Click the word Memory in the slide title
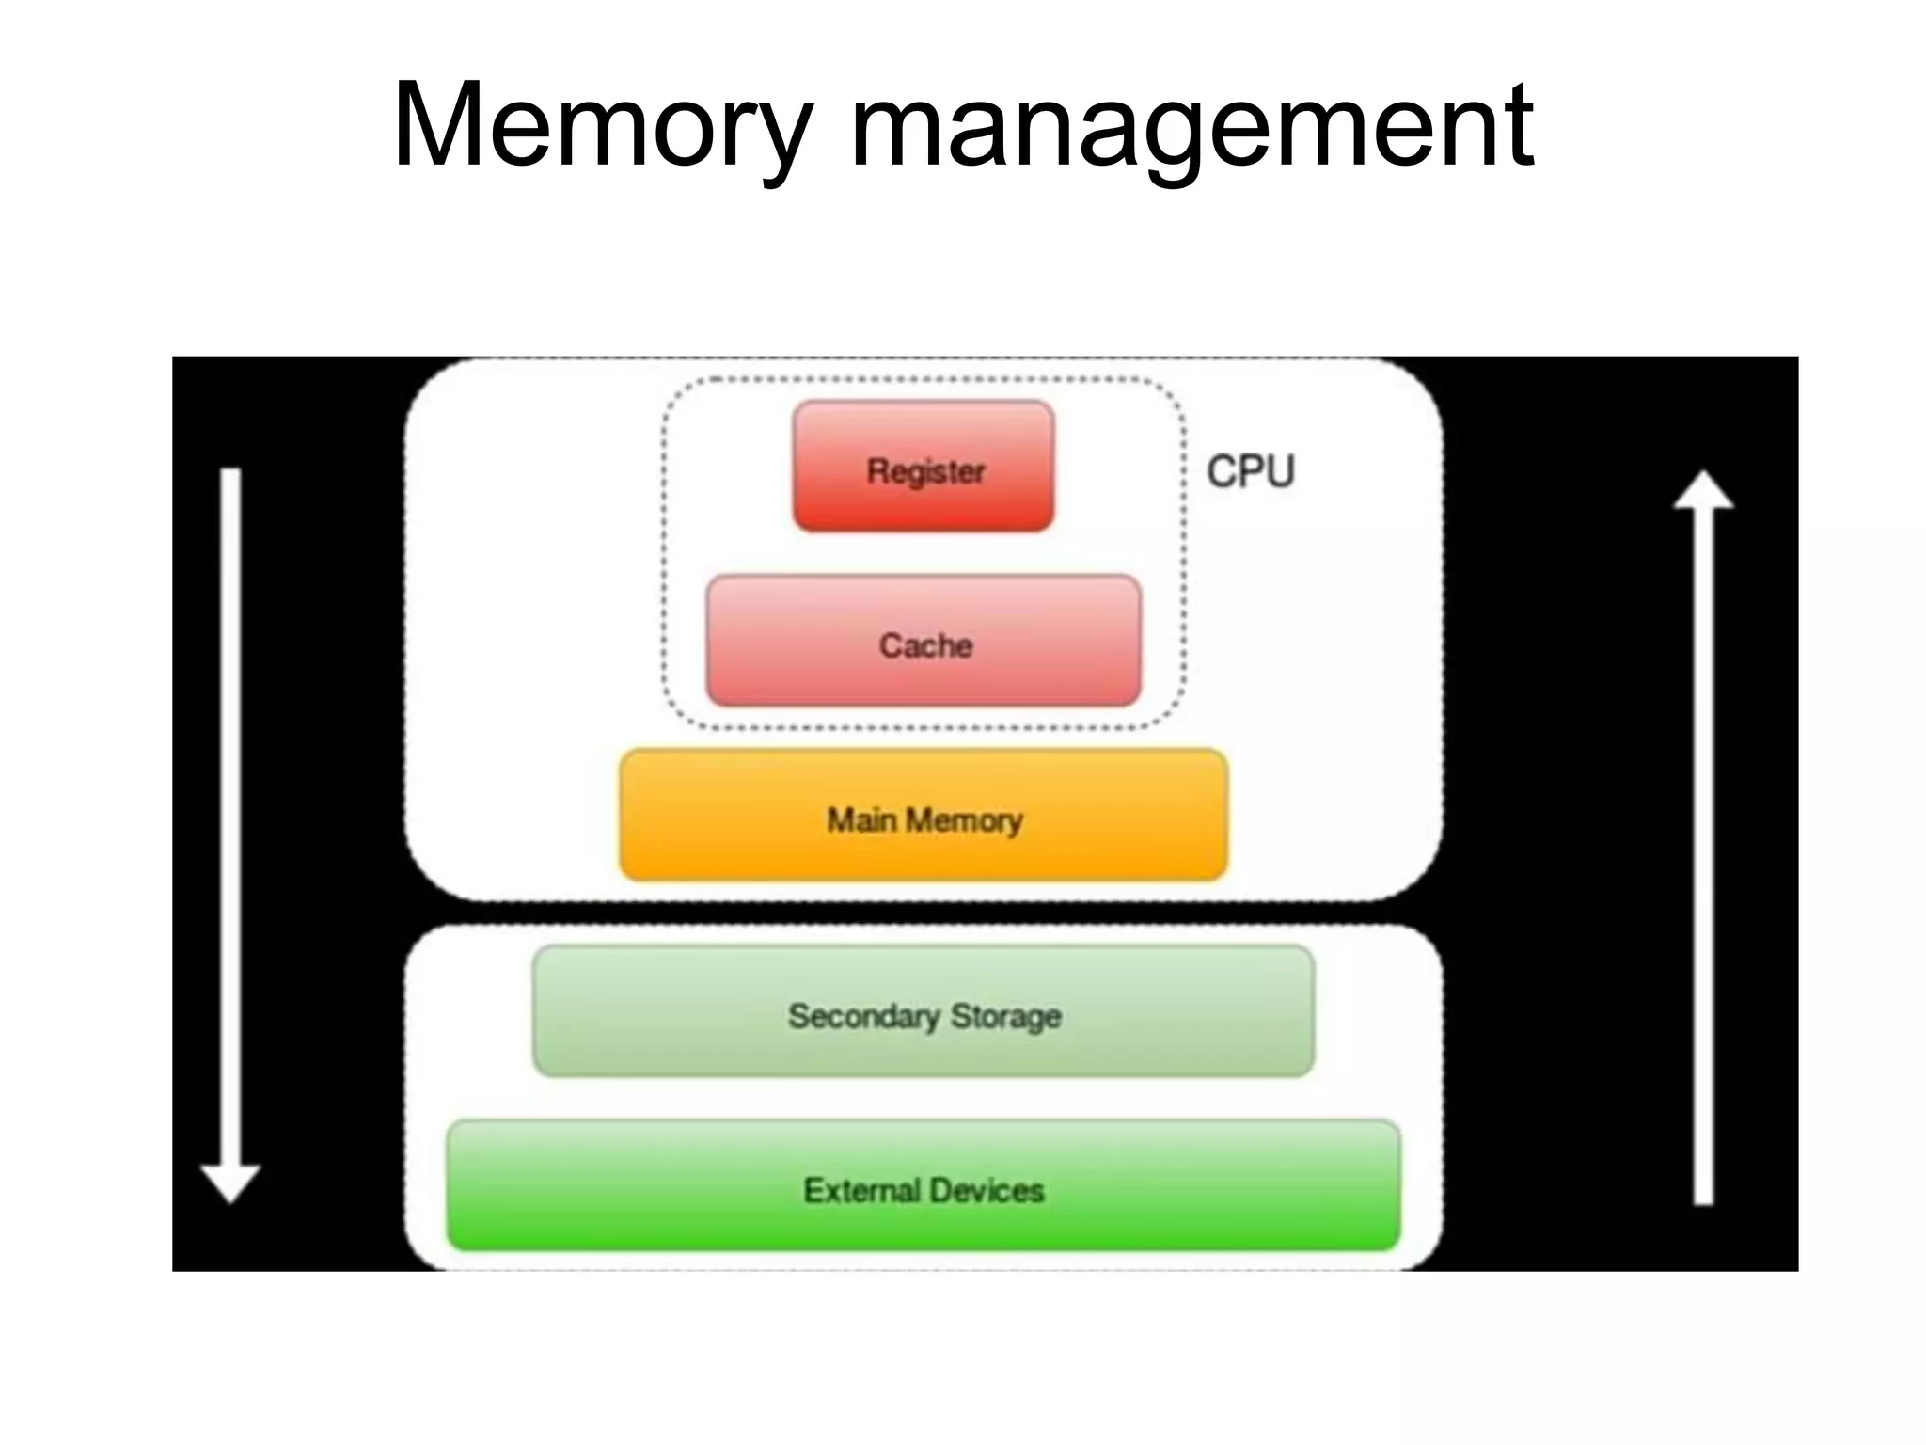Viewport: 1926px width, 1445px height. point(602,127)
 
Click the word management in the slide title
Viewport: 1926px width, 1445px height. point(1192,127)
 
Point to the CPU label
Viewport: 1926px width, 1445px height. point(1250,471)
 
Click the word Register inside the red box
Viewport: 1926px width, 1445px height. point(925,471)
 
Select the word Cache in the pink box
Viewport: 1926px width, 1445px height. point(925,646)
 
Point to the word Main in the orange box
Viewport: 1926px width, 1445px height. point(860,820)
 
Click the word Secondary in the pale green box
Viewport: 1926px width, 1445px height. point(863,1016)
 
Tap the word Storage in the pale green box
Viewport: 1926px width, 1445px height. point(1005,1016)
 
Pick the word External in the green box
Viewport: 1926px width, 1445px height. point(861,1191)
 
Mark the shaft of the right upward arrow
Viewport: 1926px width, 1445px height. point(1703,847)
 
